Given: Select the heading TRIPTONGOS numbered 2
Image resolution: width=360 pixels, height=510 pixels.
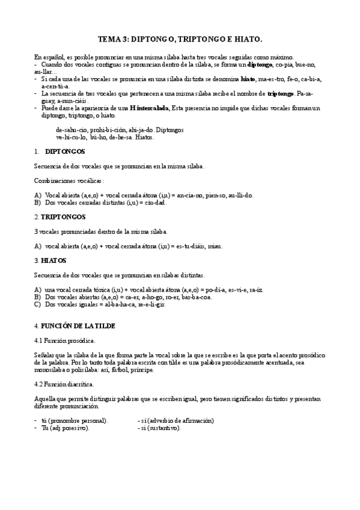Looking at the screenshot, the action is (x=63, y=217).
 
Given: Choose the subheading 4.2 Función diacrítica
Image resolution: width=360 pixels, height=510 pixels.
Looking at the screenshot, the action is (x=64, y=383).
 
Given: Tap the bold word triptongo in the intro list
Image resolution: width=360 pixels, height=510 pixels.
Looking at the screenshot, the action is (x=280, y=93).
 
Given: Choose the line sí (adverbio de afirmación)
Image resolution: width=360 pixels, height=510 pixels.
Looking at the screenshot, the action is (x=176, y=420).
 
